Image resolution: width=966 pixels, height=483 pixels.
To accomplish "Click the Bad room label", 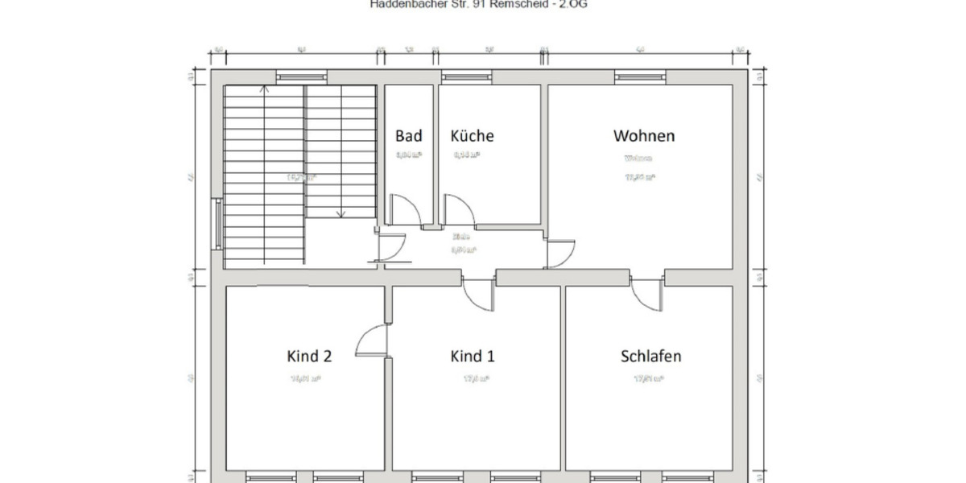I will pyautogui.click(x=408, y=136).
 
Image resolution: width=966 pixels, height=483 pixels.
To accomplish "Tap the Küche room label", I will pyautogui.click(x=473, y=136).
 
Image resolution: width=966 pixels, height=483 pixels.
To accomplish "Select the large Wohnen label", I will pyautogui.click(x=644, y=135).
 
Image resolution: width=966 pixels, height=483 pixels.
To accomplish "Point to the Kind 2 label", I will pyautogui.click(x=309, y=356).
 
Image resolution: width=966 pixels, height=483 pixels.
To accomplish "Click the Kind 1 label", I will pyautogui.click(x=472, y=356).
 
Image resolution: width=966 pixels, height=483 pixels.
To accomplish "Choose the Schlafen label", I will pyautogui.click(x=650, y=356).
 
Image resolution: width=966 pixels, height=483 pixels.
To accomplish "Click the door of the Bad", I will pyautogui.click(x=407, y=211).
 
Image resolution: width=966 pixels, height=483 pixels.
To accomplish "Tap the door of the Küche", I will pyautogui.click(x=461, y=211).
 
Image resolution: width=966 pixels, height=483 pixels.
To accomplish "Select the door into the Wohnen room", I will pyautogui.click(x=561, y=253).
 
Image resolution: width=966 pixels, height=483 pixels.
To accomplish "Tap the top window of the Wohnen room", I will pyautogui.click(x=641, y=76).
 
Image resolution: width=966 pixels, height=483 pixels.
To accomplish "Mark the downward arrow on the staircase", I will pyautogui.click(x=341, y=213).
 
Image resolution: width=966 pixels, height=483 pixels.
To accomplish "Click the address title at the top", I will pyautogui.click(x=484, y=4).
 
